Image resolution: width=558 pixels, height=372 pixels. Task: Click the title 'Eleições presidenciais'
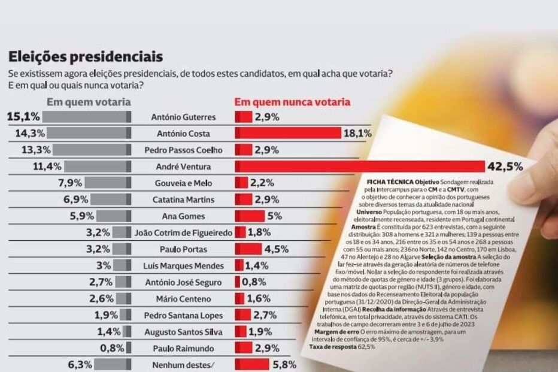pyautogui.click(x=85, y=57)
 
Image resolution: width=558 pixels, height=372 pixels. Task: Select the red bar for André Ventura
pyautogui.click(x=359, y=166)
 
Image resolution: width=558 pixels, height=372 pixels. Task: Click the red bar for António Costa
pyautogui.click(x=287, y=133)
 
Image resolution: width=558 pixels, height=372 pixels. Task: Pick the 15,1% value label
pyautogui.click(x=24, y=116)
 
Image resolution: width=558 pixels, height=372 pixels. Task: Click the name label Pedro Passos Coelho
pyautogui.click(x=183, y=150)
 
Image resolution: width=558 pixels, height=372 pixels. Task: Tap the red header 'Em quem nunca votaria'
pyautogui.click(x=292, y=102)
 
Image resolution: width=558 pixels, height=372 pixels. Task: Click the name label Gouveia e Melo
pyautogui.click(x=183, y=183)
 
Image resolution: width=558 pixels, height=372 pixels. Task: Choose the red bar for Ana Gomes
pyautogui.click(x=249, y=216)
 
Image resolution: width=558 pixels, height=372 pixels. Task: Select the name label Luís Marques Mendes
pyautogui.click(x=183, y=265)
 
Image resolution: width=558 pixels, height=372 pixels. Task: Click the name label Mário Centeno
pyautogui.click(x=183, y=298)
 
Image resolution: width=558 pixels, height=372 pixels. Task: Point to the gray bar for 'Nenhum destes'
pyautogui.click(x=111, y=364)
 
